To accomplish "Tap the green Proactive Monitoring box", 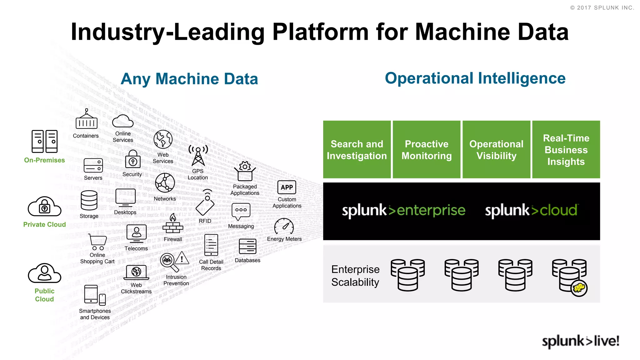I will [426, 150].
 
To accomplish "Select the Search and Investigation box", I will [357, 150].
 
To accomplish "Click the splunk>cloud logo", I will [531, 210].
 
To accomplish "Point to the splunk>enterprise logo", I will [403, 210].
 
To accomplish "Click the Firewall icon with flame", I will [173, 224].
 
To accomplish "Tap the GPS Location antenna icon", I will [198, 156].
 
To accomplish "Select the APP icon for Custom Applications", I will [287, 187].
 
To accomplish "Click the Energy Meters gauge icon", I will [284, 227].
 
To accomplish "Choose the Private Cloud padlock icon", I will [44, 207].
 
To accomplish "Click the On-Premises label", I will [44, 160].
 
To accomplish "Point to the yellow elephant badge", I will [579, 288].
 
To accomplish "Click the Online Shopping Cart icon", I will [97, 242].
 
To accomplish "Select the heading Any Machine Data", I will [189, 79].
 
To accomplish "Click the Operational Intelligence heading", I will [475, 78].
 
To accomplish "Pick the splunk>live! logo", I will [580, 341].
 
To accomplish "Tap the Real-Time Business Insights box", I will [566, 150].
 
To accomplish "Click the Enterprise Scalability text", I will [355, 276].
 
